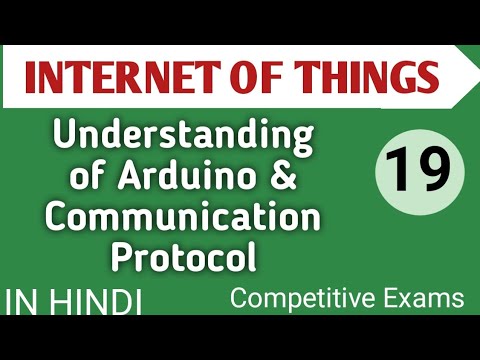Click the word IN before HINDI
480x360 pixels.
point(26,303)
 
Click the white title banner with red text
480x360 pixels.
point(240,76)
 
